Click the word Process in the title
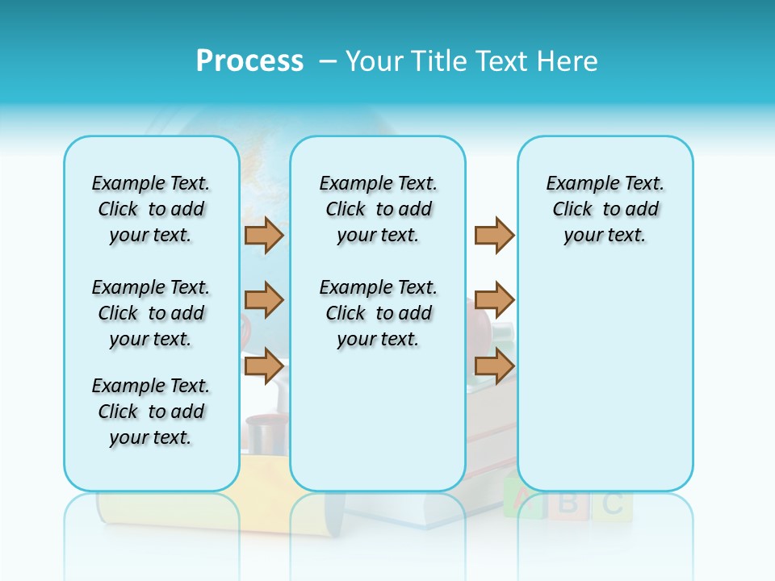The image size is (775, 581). (249, 61)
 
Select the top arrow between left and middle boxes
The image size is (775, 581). (264, 236)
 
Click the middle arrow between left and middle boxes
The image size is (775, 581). (264, 300)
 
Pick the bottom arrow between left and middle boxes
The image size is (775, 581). (264, 366)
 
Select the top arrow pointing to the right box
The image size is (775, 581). (494, 236)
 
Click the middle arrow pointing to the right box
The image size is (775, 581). (494, 300)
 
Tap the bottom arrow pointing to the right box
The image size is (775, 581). (494, 366)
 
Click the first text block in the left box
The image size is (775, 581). (151, 209)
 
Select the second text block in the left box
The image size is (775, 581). (151, 313)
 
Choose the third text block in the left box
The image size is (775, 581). (151, 412)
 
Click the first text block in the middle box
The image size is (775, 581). (379, 209)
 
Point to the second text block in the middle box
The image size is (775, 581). (379, 313)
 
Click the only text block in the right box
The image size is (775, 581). (605, 209)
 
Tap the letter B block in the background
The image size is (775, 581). (568, 503)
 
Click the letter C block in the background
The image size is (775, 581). (613, 504)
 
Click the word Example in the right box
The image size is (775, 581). (576, 184)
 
